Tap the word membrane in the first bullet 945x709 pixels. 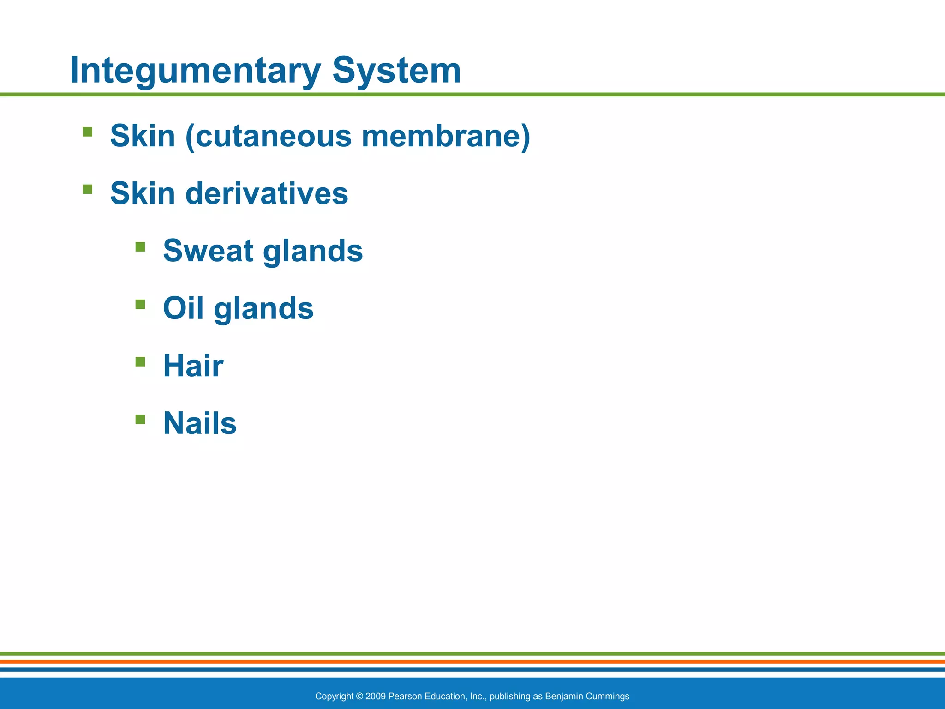446,137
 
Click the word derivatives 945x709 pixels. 266,193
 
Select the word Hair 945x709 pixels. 193,366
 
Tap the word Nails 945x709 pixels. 199,423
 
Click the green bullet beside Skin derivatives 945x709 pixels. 88,189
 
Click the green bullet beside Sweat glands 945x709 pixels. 140,247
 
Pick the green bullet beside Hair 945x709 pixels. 140,361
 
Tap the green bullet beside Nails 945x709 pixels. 140,419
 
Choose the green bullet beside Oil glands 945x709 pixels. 140,304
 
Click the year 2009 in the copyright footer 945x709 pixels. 376,696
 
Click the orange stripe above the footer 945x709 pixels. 472,661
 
